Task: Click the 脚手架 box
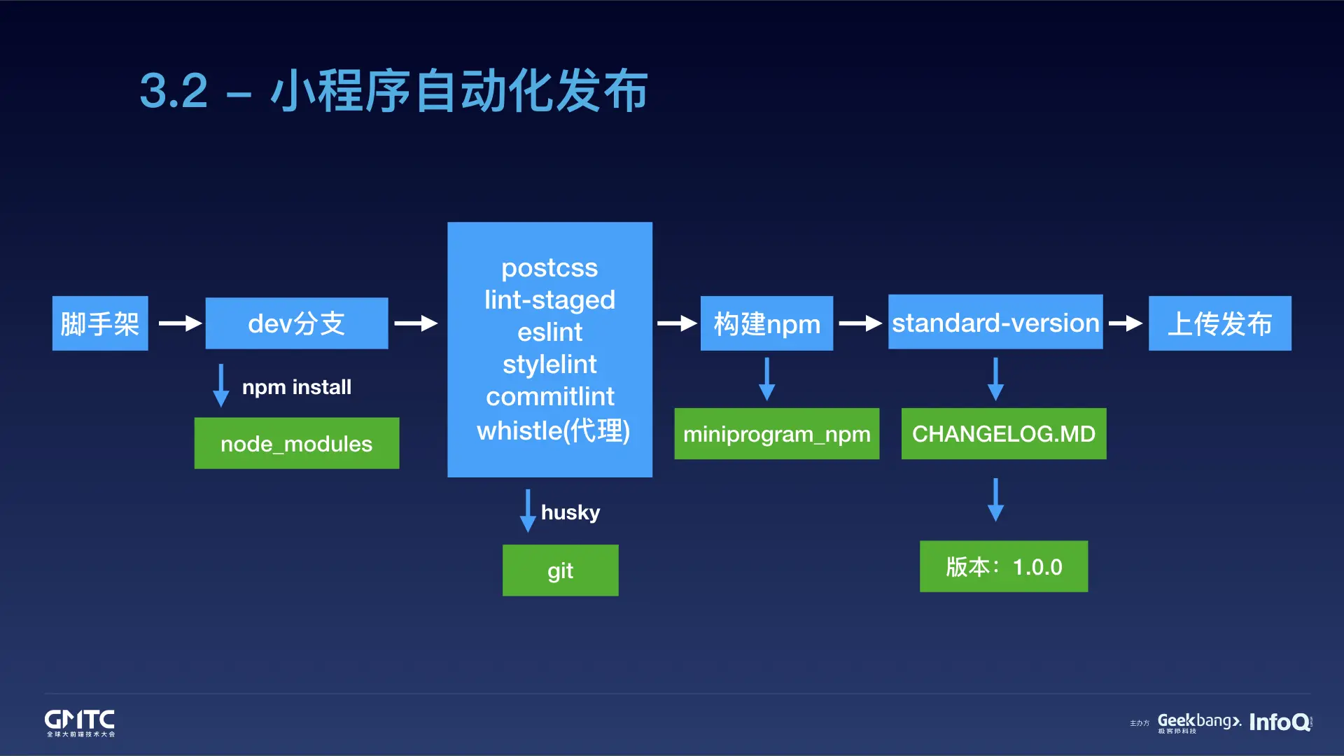point(100,323)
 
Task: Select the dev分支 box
point(297,323)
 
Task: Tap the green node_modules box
point(297,444)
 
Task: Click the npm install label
point(297,387)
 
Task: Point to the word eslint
point(549,332)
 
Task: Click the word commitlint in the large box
point(549,397)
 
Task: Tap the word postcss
point(549,268)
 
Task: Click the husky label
point(570,512)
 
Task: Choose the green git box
point(560,570)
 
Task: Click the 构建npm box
point(766,323)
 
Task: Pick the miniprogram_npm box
point(776,434)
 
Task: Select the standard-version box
point(995,323)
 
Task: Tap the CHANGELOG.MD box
point(1004,434)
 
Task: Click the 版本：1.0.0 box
point(1004,566)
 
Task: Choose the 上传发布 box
point(1219,323)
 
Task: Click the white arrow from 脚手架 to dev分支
point(180,323)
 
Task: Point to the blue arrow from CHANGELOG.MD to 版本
point(995,500)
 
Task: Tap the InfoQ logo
point(1280,722)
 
